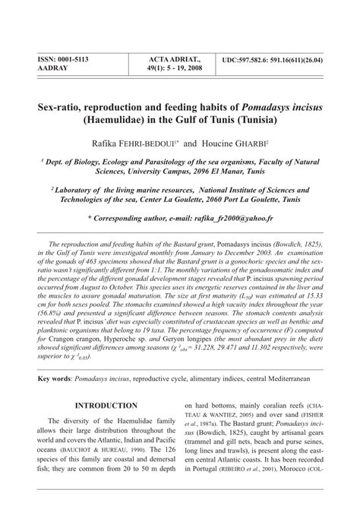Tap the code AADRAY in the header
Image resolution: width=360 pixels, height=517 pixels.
pos(52,68)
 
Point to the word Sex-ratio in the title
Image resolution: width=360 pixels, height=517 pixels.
pos(62,108)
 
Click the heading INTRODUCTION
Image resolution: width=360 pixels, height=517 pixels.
pos(106,406)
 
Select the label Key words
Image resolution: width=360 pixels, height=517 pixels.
pos(55,377)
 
